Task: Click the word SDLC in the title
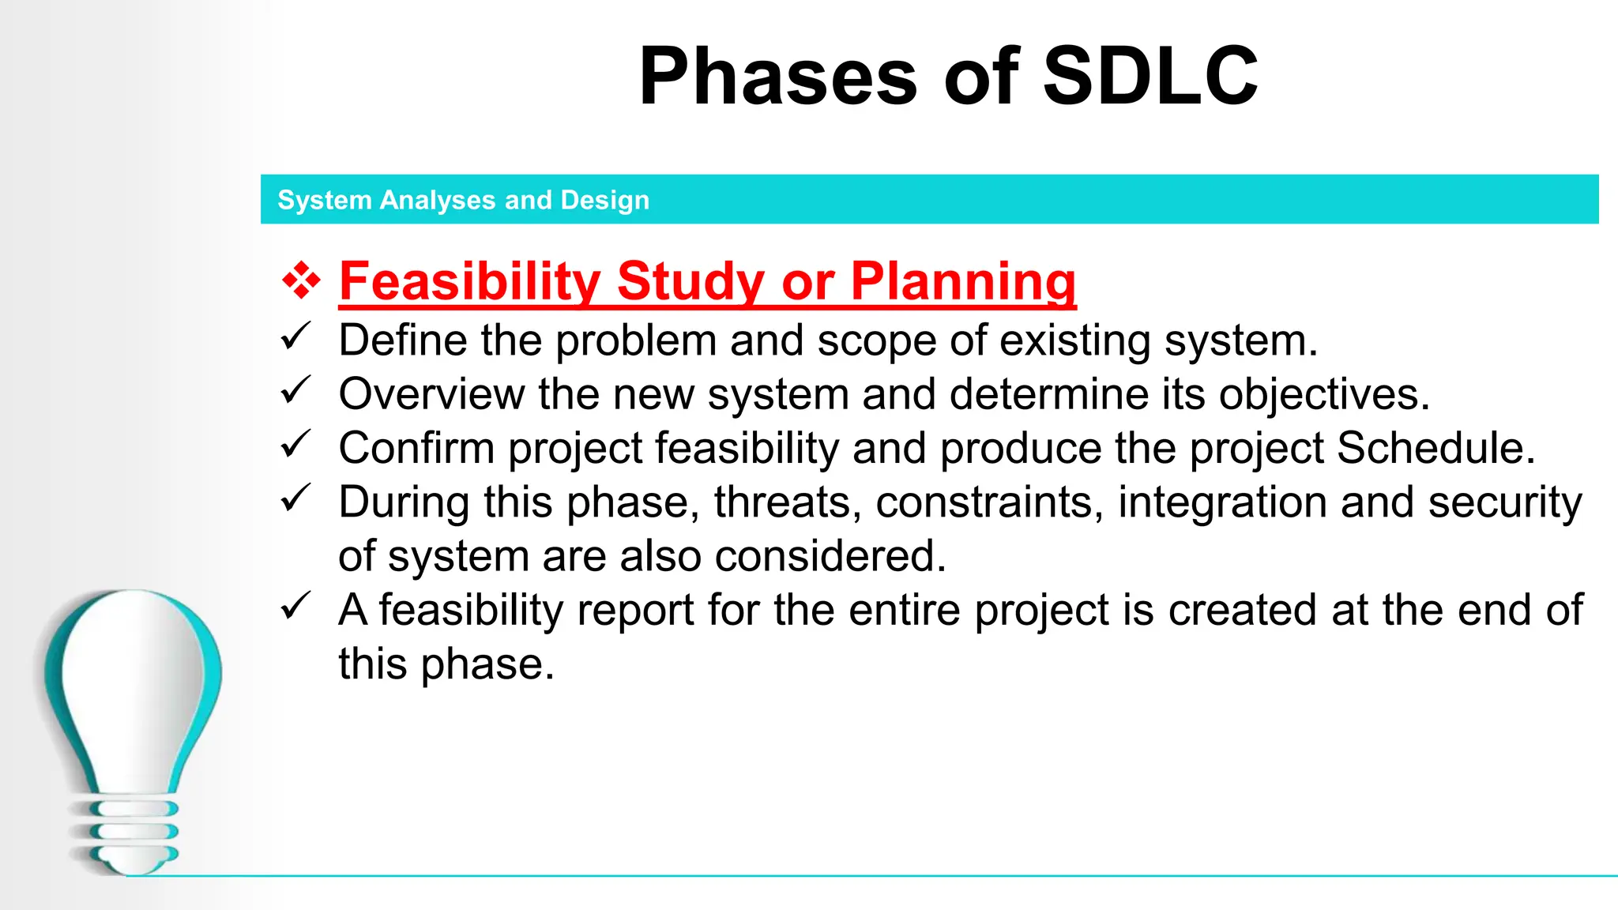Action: [x=1150, y=77]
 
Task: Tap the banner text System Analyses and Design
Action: [x=463, y=200]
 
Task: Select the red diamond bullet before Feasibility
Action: [x=301, y=280]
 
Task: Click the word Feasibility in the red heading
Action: [x=470, y=281]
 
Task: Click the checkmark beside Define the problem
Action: [x=296, y=337]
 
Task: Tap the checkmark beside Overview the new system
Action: [x=296, y=391]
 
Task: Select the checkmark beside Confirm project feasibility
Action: [x=296, y=445]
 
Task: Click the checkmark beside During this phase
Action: [x=296, y=499]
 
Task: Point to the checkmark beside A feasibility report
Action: [x=296, y=607]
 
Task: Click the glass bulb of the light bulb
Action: [x=133, y=679]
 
